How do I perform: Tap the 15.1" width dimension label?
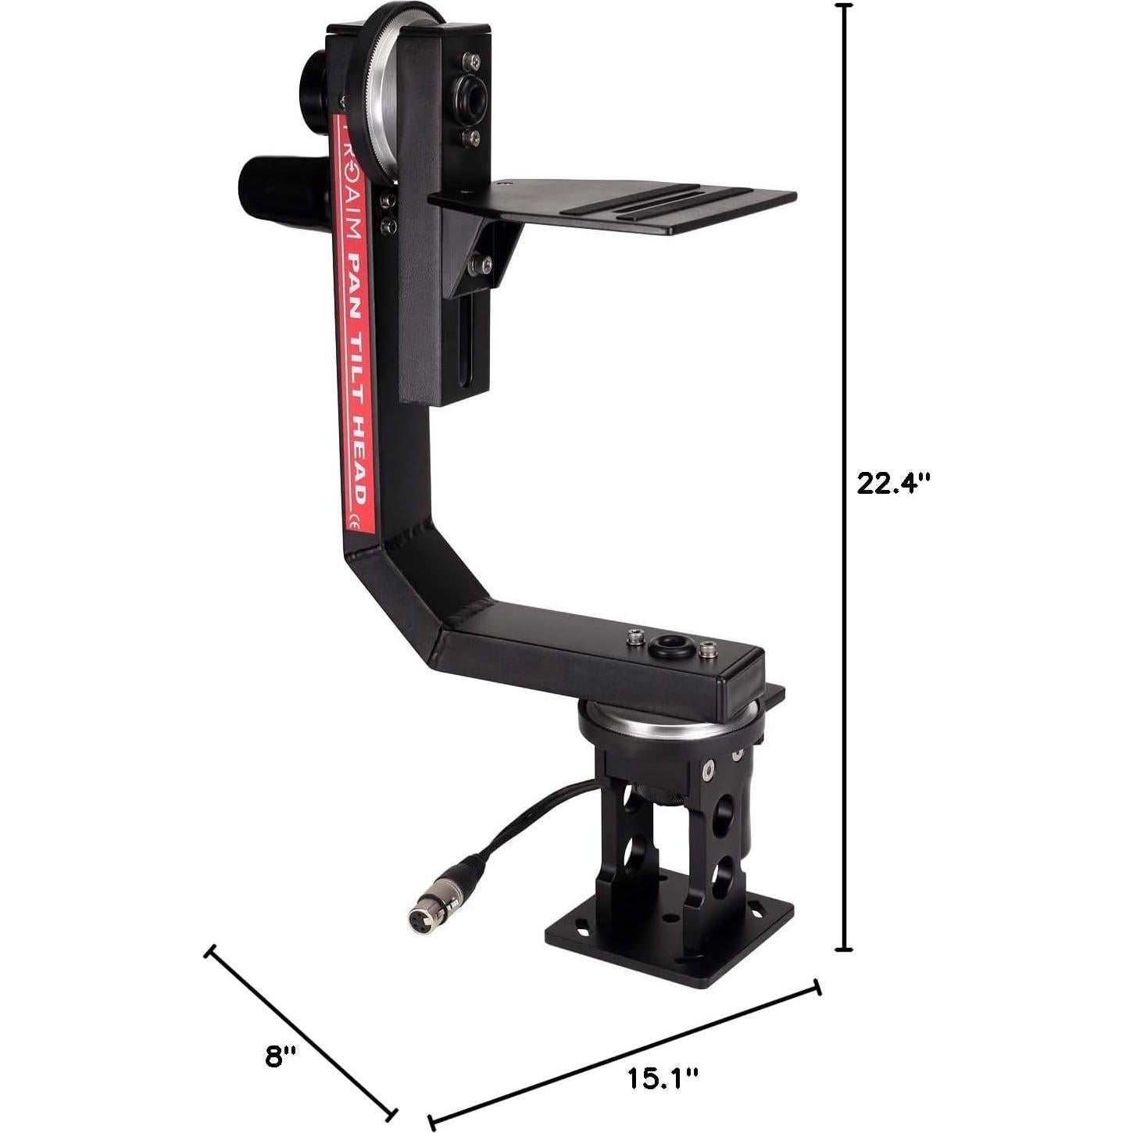pyautogui.click(x=663, y=1079)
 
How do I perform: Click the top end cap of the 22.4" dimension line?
pyautogui.click(x=843, y=6)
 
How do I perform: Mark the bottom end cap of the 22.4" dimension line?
pyautogui.click(x=843, y=949)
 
